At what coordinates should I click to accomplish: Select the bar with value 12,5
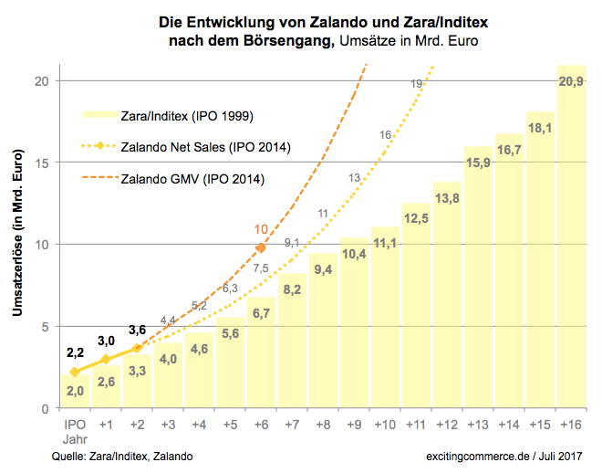click(416, 310)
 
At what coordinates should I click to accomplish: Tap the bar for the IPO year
click(75, 393)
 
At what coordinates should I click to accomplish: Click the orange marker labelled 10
click(261, 247)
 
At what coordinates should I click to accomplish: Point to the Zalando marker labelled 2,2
click(75, 372)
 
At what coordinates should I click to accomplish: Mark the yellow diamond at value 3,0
click(106, 359)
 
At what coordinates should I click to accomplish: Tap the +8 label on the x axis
click(323, 426)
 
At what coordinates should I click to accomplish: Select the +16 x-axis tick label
click(571, 426)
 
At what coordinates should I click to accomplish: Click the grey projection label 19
click(416, 84)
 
